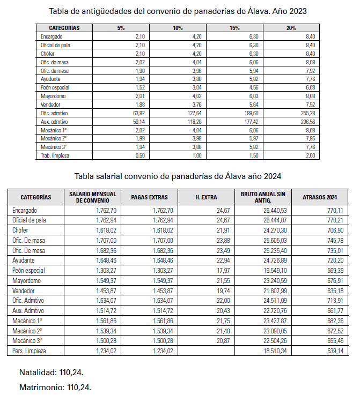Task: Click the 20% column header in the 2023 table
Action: coord(291,28)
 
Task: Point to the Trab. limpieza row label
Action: coord(56,156)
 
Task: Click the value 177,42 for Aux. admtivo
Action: coord(248,122)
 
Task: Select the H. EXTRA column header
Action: coord(206,197)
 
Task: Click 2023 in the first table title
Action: coord(297,11)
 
